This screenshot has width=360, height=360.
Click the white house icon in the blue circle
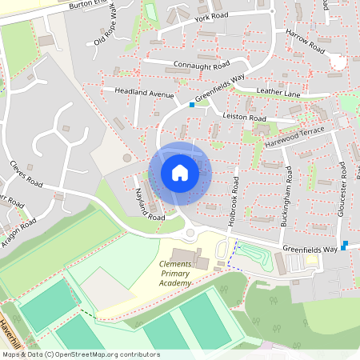tap(179, 173)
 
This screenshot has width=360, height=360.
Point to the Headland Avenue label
tap(143, 94)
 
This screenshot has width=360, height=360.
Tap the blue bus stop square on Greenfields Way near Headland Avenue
tap(192, 105)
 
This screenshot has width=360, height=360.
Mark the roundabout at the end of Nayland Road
tap(190, 233)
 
